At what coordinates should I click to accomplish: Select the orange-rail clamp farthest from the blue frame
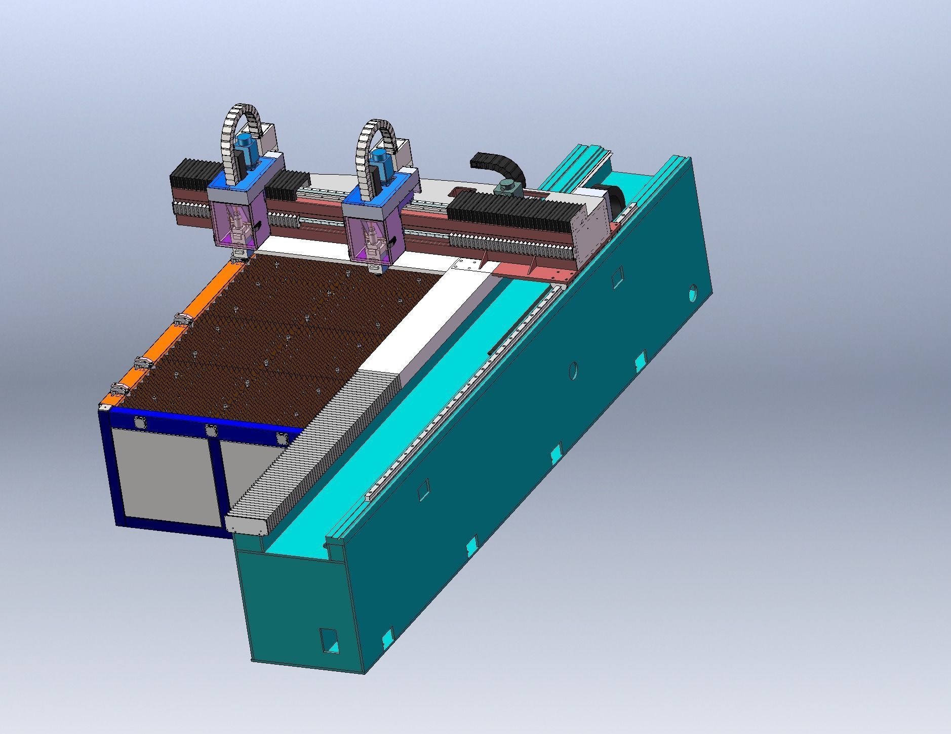tap(183, 319)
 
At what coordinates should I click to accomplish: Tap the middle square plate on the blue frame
tap(211, 431)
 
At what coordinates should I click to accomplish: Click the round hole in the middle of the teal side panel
tap(573, 371)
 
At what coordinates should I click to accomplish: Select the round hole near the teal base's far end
tap(693, 292)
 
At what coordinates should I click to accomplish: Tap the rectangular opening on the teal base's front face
tap(329, 640)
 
